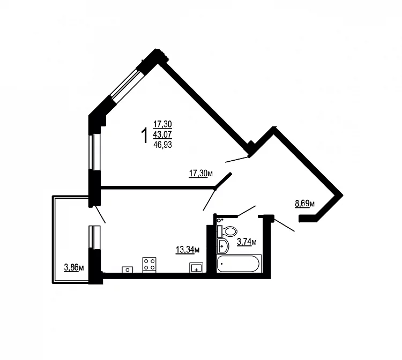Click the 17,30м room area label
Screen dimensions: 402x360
201,174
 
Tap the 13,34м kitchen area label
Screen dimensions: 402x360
188,250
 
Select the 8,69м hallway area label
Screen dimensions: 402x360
305,204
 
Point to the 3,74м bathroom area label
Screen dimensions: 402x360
247,242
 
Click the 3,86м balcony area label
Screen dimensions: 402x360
74,268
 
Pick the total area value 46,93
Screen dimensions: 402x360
162,145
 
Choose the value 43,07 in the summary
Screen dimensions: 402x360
162,134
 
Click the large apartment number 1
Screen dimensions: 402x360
145,136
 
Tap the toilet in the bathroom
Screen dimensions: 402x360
227,231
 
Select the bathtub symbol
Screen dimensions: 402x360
239,264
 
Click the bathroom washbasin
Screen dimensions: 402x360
223,246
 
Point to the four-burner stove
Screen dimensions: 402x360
149,265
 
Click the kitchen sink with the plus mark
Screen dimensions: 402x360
196,267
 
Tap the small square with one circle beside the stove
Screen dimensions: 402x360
128,269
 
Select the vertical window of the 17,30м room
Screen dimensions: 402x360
94,152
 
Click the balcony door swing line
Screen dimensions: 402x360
100,214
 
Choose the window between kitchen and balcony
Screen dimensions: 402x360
94,237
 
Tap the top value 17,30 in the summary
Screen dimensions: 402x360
162,124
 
